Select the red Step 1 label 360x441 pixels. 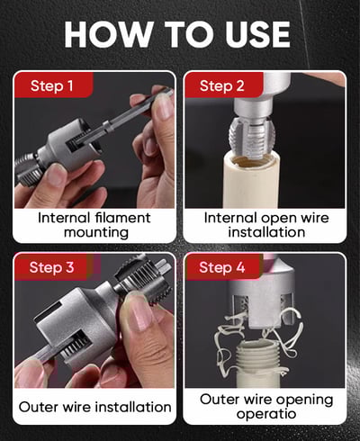[x=51, y=85]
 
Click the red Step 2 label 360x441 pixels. [x=222, y=85]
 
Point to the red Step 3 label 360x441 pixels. [x=51, y=267]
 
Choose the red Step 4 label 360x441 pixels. [x=222, y=267]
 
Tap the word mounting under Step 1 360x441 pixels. [x=96, y=233]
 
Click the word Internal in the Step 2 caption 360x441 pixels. [x=230, y=218]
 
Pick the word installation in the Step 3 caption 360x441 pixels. [x=133, y=407]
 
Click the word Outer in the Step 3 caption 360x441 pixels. [x=39, y=407]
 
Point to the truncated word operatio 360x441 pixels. [x=266, y=414]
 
